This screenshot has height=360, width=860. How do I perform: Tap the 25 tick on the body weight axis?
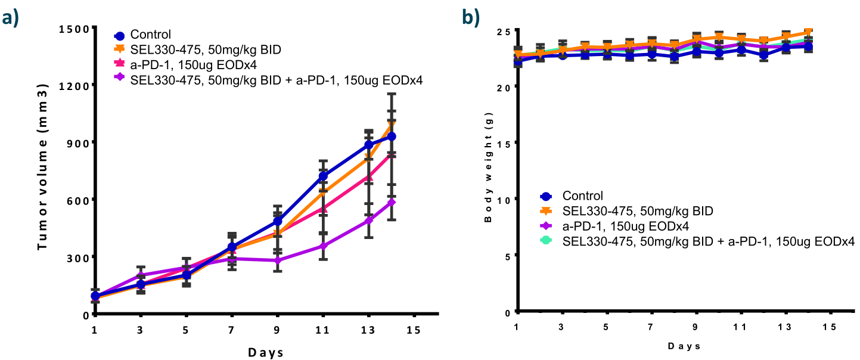504,31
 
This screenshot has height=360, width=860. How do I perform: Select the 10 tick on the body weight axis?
504,199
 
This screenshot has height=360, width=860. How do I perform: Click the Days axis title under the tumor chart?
266,352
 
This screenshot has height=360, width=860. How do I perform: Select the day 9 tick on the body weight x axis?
696,327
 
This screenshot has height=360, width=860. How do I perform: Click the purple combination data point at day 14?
392,202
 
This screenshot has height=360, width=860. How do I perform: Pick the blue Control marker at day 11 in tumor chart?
323,176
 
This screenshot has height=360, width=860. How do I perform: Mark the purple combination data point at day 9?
277,260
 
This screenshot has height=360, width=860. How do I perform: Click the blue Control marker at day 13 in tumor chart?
369,144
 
